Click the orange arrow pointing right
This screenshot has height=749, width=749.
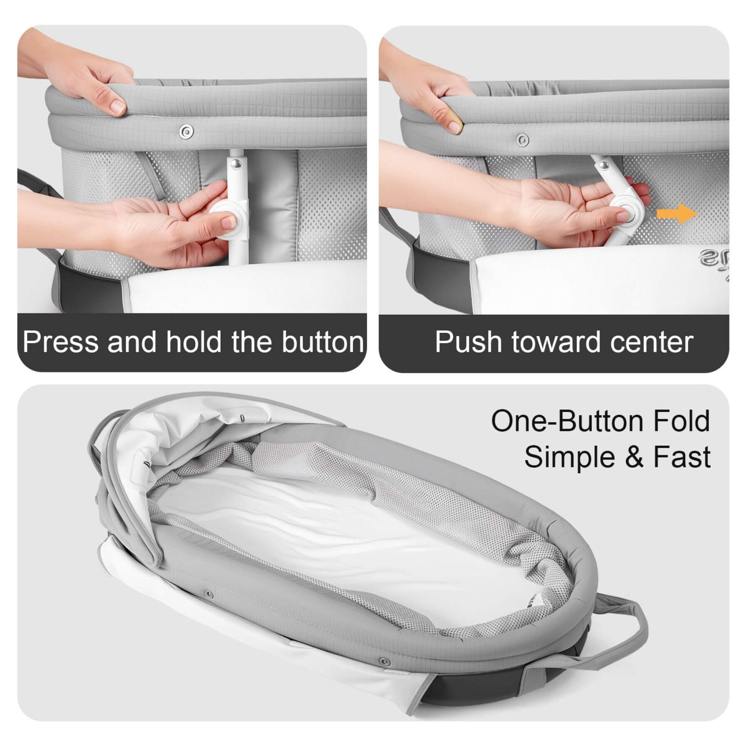[x=677, y=214]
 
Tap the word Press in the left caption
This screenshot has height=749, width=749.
[x=61, y=342]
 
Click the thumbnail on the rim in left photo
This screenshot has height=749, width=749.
[x=118, y=107]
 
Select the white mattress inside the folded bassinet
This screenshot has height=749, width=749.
[x=316, y=537]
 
